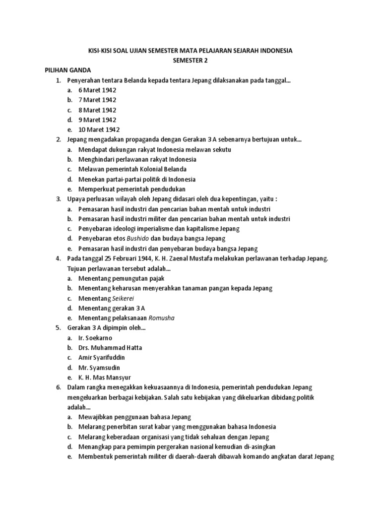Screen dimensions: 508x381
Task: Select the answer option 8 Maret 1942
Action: tap(97, 110)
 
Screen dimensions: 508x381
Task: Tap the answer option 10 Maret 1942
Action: tap(99, 130)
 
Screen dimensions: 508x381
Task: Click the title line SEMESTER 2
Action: tap(190, 61)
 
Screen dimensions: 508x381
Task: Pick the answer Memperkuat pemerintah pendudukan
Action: tap(131, 189)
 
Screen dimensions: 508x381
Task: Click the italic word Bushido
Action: tap(139, 239)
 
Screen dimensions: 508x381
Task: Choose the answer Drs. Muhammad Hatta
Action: tap(110, 348)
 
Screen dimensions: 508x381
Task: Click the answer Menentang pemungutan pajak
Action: tap(121, 278)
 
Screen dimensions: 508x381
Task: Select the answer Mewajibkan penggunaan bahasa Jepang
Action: tap(134, 417)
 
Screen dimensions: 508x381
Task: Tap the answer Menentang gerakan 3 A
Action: tap(112, 308)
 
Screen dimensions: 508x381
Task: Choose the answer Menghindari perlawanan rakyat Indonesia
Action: tap(137, 159)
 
